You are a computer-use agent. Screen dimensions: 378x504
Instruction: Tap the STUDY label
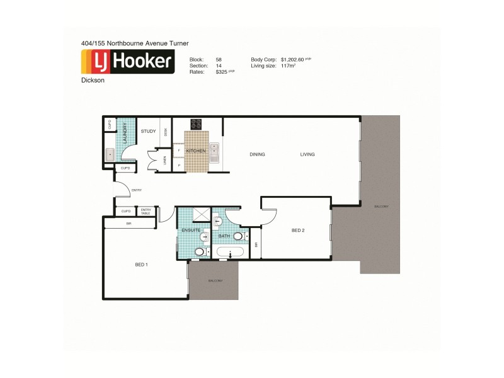148,131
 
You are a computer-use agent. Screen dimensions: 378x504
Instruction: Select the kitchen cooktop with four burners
196,124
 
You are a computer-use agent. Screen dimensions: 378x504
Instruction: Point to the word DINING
257,154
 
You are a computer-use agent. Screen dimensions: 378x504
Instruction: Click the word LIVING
307,154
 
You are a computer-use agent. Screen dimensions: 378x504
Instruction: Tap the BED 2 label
298,231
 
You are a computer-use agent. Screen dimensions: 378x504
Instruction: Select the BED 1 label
141,264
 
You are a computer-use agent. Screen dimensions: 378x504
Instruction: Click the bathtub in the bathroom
229,253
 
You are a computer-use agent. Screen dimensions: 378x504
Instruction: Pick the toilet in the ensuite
200,252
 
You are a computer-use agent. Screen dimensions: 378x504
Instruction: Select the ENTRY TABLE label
146,212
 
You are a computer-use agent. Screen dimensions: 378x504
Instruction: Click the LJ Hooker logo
127,62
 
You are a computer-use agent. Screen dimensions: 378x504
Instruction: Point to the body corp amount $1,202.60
293,59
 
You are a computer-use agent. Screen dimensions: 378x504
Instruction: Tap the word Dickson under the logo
92,81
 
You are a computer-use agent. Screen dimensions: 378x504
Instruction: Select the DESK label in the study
166,132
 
